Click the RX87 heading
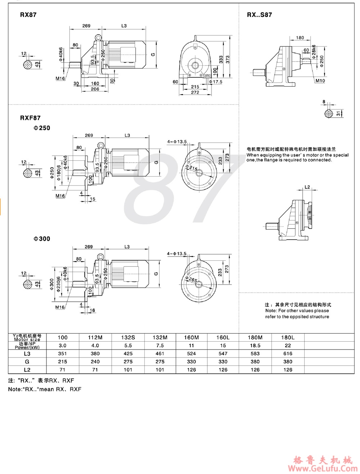(28, 15)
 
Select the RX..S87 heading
(259, 15)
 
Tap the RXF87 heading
(30, 118)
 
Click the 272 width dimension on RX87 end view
(195, 92)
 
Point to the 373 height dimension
(228, 60)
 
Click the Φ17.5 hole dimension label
(216, 82)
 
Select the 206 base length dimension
(95, 89)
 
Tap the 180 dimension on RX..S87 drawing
(300, 38)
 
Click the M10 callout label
(320, 81)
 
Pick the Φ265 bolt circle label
(193, 279)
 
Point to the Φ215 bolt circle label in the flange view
(193, 168)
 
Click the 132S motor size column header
(128, 337)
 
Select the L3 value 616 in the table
(288, 354)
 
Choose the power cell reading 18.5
(255, 345)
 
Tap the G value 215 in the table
(63, 361)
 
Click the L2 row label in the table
(27, 370)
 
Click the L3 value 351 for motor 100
(63, 354)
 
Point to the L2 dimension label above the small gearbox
(307, 187)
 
